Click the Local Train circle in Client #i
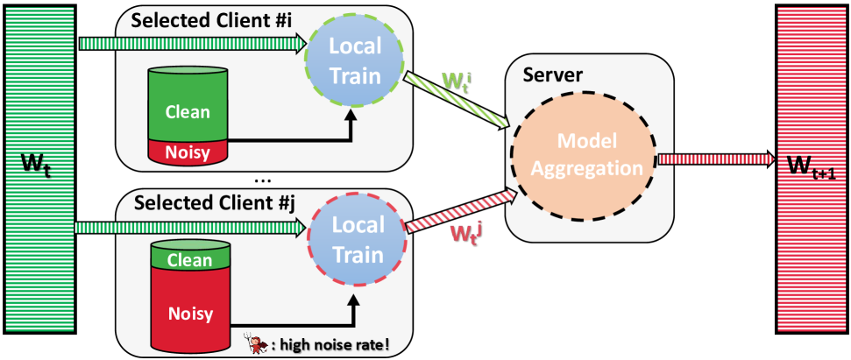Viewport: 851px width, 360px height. [x=353, y=60]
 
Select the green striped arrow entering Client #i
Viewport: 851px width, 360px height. [x=191, y=43]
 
